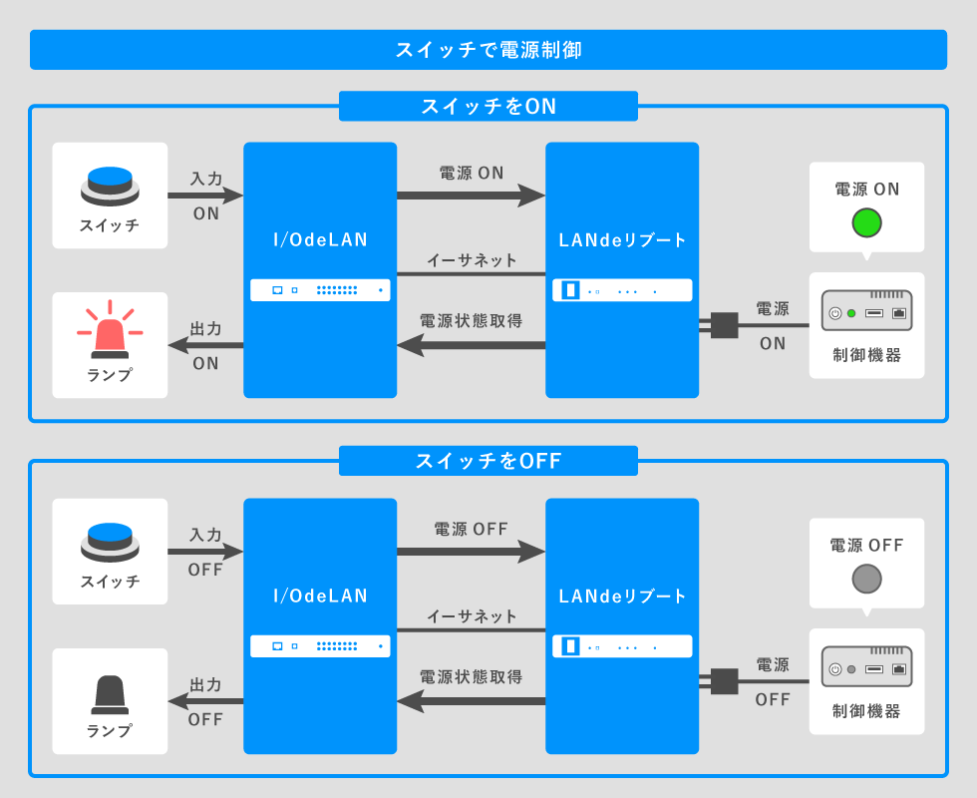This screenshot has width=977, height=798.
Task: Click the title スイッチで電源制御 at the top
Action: point(488,50)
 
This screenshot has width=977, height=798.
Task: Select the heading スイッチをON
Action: point(488,107)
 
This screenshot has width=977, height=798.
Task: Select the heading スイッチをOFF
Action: point(488,461)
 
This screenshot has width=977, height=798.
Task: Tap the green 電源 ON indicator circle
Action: point(866,222)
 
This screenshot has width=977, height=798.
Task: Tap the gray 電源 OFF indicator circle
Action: point(866,579)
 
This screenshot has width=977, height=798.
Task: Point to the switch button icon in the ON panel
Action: point(110,186)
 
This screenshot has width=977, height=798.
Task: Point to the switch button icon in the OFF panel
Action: point(110,542)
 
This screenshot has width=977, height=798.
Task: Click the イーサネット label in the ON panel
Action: point(472,260)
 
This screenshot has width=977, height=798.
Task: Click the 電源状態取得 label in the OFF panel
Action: point(471,677)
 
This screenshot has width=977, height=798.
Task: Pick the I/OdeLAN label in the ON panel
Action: point(320,239)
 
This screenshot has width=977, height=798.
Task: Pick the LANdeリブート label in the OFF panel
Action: point(622,597)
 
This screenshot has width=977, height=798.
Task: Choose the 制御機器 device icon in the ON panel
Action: point(866,311)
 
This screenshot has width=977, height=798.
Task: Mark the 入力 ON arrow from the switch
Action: point(205,196)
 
